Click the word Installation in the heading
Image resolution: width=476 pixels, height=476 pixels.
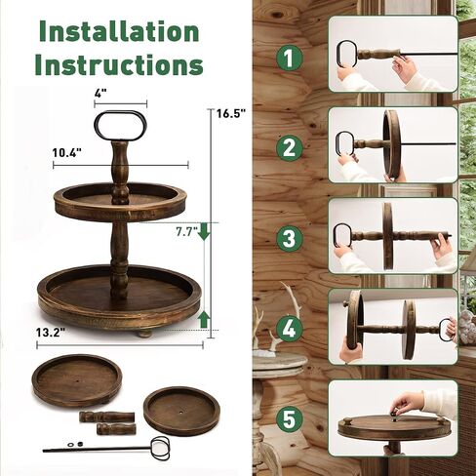(x=119, y=31)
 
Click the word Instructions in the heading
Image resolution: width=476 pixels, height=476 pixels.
(x=119, y=64)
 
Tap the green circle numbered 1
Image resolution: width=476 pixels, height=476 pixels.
(x=289, y=58)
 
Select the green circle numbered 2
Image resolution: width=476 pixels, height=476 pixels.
(x=289, y=148)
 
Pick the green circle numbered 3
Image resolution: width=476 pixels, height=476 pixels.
(x=289, y=238)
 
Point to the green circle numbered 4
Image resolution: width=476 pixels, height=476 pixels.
(x=289, y=329)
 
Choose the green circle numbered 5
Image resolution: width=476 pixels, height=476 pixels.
(x=289, y=419)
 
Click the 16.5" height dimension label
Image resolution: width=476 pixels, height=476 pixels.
(x=231, y=113)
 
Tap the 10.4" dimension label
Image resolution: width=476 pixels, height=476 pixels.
(x=66, y=152)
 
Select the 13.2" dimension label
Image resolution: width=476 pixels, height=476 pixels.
(x=51, y=333)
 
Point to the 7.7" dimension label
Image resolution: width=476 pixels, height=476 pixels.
(x=187, y=232)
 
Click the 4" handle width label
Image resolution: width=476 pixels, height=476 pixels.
(x=100, y=94)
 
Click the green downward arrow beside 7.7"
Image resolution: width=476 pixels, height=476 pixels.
(x=204, y=231)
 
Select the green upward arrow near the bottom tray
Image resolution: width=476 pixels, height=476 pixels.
(x=204, y=319)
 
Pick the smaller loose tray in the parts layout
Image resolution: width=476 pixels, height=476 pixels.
(x=181, y=411)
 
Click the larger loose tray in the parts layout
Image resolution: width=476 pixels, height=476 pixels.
(x=77, y=380)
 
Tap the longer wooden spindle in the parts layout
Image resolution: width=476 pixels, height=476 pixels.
(x=106, y=416)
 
